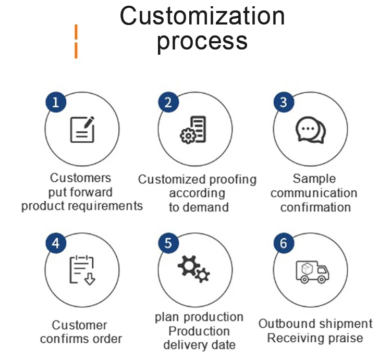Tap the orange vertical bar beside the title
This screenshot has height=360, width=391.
pos(76,41)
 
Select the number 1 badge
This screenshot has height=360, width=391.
pos(56,102)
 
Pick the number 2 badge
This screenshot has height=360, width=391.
pos(168,102)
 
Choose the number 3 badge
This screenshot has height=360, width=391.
pos(283,102)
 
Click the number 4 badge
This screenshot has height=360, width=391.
pos(56,243)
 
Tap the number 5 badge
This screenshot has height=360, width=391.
pos(168,243)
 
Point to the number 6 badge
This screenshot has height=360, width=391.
pos(283,243)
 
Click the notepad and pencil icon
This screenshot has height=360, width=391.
pos(82,129)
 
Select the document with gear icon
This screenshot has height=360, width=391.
pos(193,130)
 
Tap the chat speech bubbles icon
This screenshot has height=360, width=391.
pos(310,130)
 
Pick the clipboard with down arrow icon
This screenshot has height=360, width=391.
pos(82,270)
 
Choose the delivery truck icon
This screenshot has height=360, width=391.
pos(312,271)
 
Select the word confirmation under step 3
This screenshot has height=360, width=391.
pos(315,207)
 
